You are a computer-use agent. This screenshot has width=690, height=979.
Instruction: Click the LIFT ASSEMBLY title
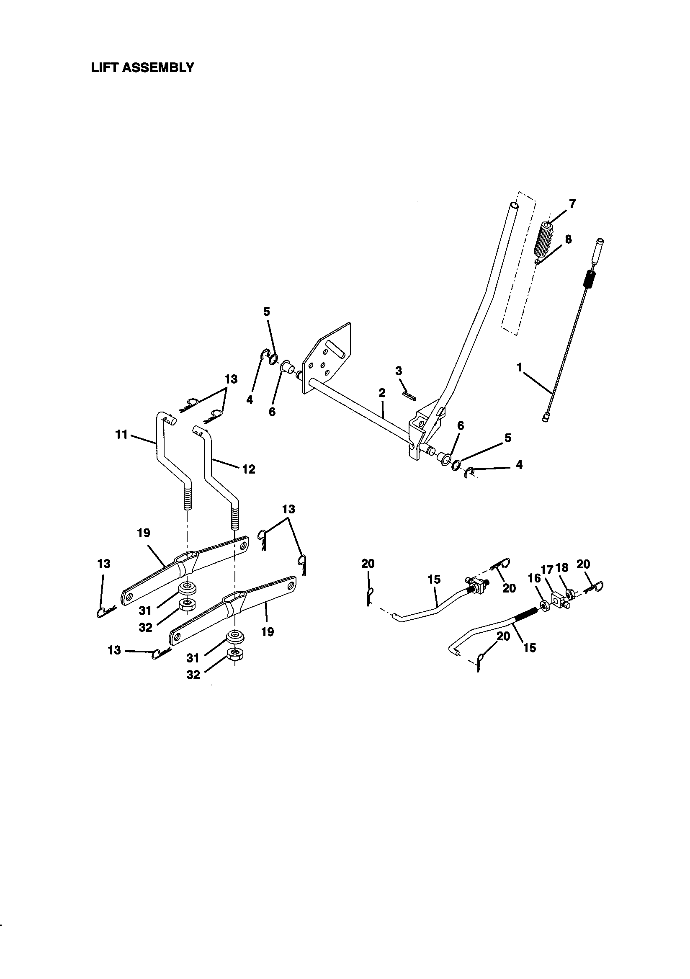[x=142, y=67]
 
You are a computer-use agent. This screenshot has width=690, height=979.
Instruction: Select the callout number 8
[x=568, y=240]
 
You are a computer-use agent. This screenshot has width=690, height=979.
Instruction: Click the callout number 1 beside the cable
[x=520, y=367]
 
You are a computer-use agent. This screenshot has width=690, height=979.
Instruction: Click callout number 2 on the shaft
[x=382, y=393]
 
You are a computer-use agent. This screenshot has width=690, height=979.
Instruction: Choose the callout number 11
[x=121, y=435]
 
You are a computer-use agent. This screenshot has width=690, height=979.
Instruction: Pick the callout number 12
[x=249, y=469]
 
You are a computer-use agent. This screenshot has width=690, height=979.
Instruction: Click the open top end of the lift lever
[x=515, y=206]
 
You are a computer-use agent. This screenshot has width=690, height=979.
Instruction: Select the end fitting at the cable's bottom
[x=546, y=418]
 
